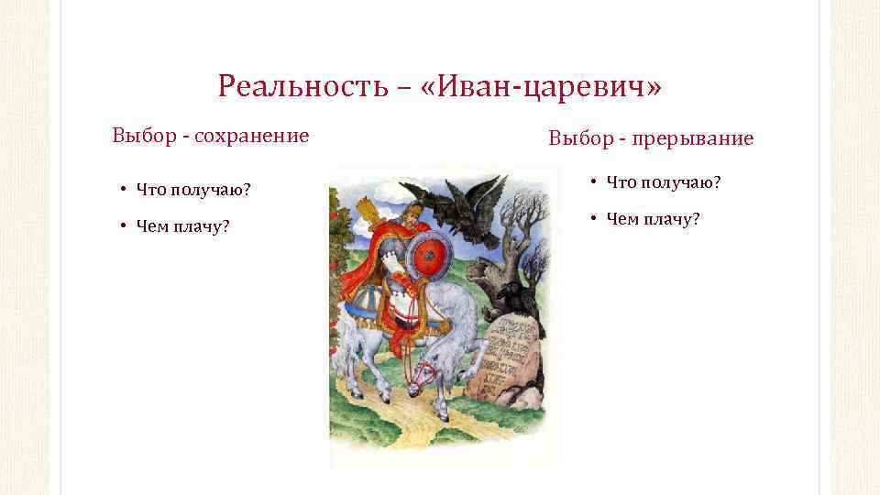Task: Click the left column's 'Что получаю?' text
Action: pos(193,190)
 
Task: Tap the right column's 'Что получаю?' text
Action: pos(665,183)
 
